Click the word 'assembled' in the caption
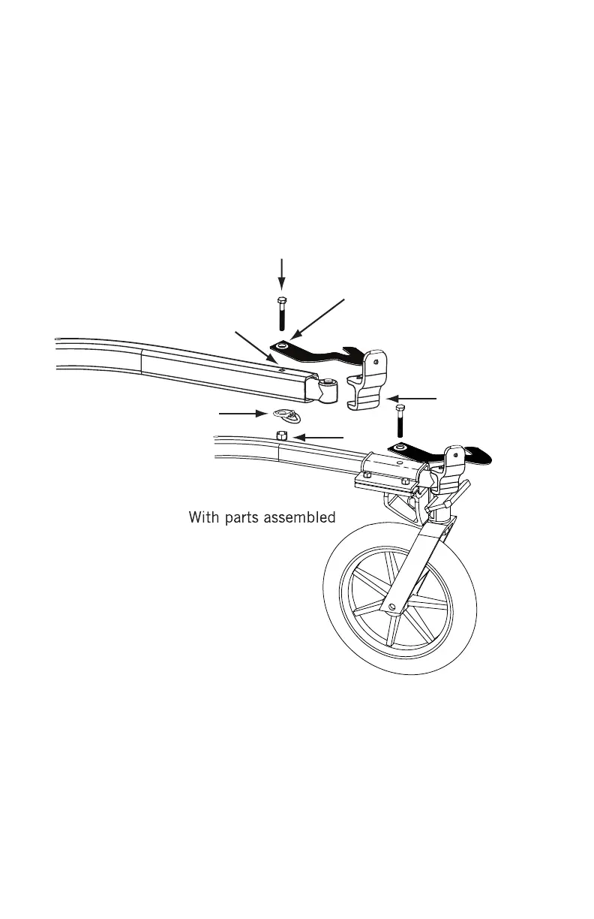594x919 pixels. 295,519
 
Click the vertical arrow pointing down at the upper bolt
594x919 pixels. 281,274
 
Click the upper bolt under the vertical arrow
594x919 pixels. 280,312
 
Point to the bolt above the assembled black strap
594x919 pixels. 398,421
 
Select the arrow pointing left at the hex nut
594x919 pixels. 319,436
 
